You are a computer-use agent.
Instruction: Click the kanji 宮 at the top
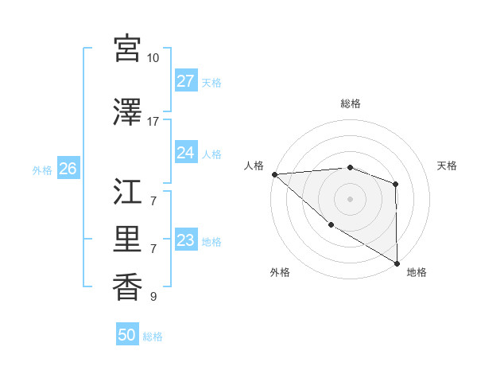pyautogui.click(x=128, y=49)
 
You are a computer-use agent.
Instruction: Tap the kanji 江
pyautogui.click(x=128, y=190)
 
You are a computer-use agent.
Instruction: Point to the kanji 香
pyautogui.click(x=128, y=286)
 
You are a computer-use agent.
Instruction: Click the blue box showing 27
pyautogui.click(x=186, y=81)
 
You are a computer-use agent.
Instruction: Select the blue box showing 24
pyautogui.click(x=186, y=153)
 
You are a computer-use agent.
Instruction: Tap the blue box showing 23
pyautogui.click(x=186, y=240)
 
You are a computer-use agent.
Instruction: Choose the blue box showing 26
pyautogui.click(x=68, y=169)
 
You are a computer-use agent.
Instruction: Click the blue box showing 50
pyautogui.click(x=127, y=335)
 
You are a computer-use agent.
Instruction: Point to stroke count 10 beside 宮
pyautogui.click(x=153, y=58)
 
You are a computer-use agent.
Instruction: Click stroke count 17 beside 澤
pyautogui.click(x=153, y=121)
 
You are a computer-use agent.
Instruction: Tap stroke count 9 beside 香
pyautogui.click(x=153, y=297)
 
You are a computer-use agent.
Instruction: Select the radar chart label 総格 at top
pyautogui.click(x=350, y=103)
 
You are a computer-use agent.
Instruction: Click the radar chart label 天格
pyautogui.click(x=448, y=166)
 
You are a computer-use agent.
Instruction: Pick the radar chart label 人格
pyautogui.click(x=253, y=166)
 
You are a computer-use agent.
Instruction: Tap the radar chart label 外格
pyautogui.click(x=280, y=272)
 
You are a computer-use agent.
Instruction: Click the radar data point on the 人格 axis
pyautogui.click(x=273, y=174)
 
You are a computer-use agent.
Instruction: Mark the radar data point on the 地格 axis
pyautogui.click(x=397, y=263)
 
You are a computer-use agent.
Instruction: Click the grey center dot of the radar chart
pyautogui.click(x=350, y=199)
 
